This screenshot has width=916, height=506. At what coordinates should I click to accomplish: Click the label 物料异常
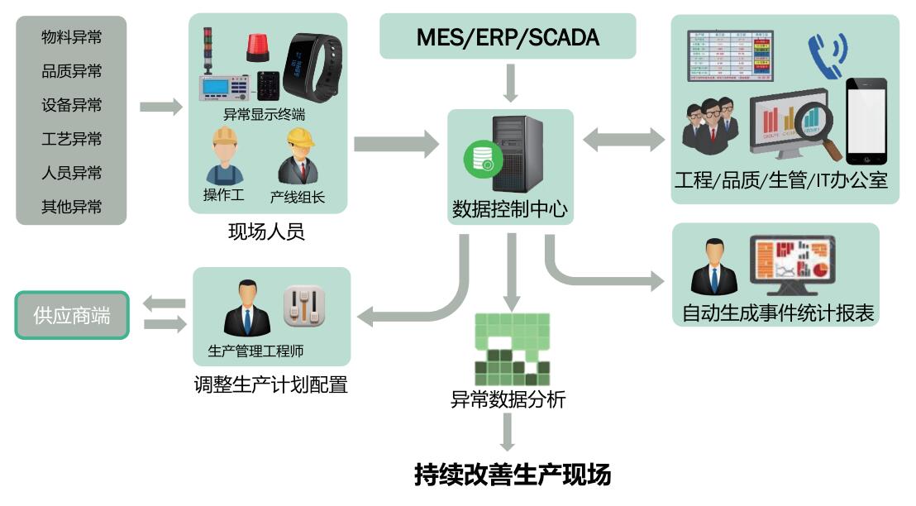72,37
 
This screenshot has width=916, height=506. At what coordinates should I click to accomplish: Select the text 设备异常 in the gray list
72,105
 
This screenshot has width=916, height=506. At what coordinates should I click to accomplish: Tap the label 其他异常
72,207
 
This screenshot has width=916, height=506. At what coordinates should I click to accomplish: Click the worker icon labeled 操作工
224,156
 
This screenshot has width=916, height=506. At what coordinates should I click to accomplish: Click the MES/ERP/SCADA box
508,36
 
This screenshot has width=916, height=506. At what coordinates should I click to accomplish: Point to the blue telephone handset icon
827,54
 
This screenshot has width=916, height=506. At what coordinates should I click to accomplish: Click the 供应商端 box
72,315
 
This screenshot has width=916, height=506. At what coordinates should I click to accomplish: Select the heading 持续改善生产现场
513,475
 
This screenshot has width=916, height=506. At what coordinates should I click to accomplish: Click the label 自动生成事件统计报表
778,313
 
